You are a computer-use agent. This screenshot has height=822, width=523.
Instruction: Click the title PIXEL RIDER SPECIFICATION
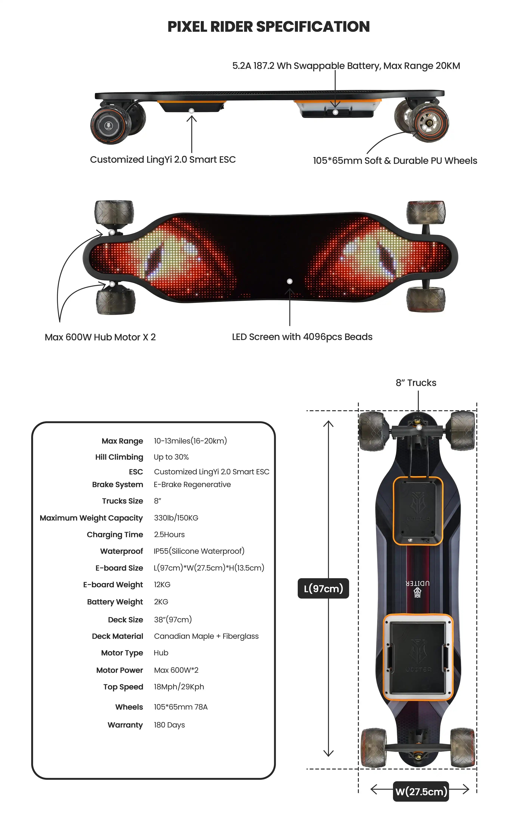click(x=268, y=27)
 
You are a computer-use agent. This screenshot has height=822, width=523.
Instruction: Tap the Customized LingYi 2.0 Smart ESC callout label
click(x=163, y=160)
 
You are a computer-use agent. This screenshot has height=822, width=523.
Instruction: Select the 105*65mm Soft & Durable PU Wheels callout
click(x=395, y=161)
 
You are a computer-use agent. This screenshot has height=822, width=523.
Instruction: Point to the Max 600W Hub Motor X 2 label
click(x=100, y=337)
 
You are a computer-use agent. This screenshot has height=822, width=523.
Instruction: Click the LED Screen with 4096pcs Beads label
click(x=302, y=337)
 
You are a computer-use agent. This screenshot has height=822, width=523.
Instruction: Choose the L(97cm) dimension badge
click(x=323, y=588)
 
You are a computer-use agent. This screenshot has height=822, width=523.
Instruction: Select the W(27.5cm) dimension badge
click(x=421, y=791)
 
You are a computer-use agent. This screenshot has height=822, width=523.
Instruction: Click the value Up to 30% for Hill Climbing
click(x=171, y=457)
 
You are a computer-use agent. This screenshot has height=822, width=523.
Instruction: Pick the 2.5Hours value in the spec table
click(x=169, y=534)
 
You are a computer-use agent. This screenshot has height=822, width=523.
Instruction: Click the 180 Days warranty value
click(x=169, y=725)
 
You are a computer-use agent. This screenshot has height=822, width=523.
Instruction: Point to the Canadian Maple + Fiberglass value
click(x=206, y=636)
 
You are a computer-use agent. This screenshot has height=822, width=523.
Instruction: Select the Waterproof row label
click(x=122, y=551)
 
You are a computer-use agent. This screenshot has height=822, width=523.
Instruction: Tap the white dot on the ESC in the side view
click(x=191, y=111)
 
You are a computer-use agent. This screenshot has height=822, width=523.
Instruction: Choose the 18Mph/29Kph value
click(x=179, y=687)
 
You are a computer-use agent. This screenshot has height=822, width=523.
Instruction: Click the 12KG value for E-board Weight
click(x=162, y=585)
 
